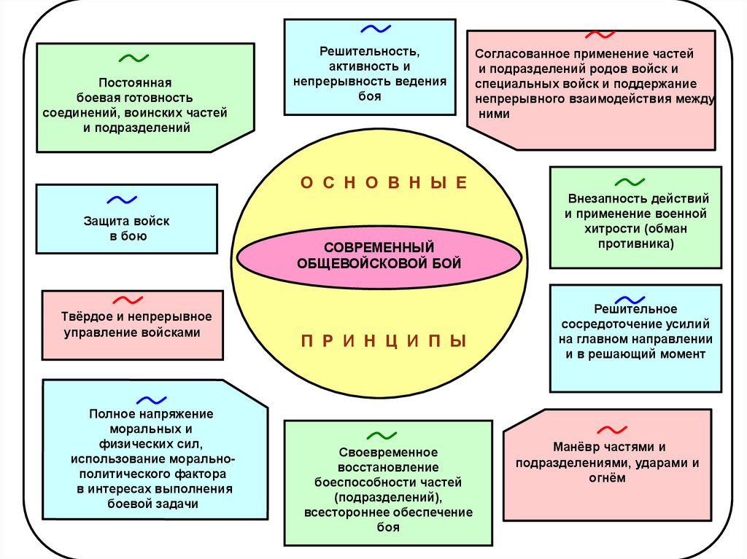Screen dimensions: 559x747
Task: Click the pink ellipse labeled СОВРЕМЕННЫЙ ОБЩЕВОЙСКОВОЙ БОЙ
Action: [379, 256]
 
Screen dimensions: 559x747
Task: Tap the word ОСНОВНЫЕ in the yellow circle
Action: [384, 183]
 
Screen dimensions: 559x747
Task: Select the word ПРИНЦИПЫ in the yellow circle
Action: [383, 341]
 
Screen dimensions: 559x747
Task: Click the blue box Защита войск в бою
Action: [127, 219]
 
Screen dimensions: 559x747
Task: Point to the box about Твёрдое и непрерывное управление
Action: [132, 325]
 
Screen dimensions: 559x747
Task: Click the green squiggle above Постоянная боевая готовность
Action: [134, 58]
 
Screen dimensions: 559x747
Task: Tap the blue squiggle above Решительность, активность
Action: [376, 29]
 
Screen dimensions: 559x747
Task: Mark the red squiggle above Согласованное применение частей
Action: [600, 34]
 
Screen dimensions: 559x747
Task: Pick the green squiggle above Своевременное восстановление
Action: [382, 436]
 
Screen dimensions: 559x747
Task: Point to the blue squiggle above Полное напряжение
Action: [152, 399]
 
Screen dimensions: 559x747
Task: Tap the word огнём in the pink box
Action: [606, 479]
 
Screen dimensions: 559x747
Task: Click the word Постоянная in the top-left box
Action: [135, 82]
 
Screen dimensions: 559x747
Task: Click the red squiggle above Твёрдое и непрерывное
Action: [127, 299]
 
